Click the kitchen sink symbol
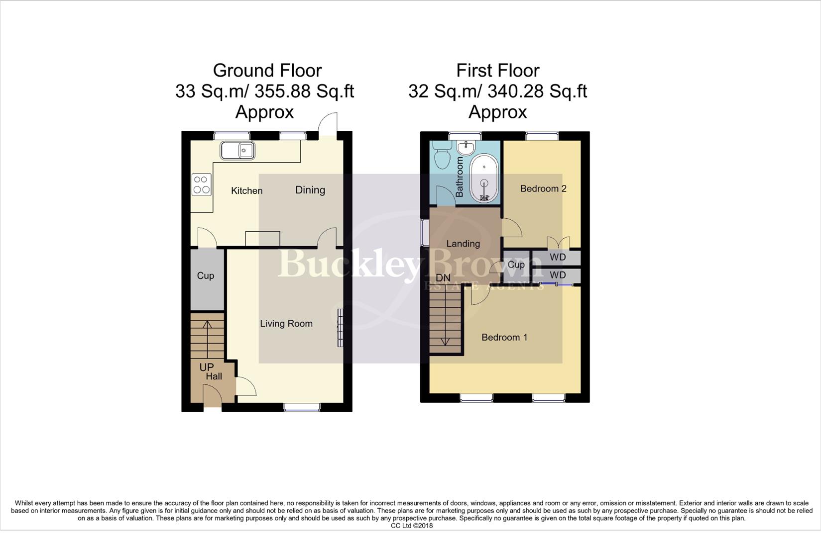click(238, 150)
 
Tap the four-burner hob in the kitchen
click(201, 184)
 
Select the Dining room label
click(310, 190)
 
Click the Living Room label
click(286, 324)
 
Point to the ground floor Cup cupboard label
click(205, 275)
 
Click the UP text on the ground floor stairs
click(206, 367)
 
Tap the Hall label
click(214, 376)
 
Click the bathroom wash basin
click(467, 147)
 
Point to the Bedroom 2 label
click(543, 188)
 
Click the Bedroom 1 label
click(504, 338)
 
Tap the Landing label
click(463, 244)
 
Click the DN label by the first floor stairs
click(443, 278)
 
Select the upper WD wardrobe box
click(557, 258)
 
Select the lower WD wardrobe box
click(557, 275)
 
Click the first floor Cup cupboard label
click(516, 265)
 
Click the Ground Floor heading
click(267, 71)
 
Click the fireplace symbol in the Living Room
click(340, 327)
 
